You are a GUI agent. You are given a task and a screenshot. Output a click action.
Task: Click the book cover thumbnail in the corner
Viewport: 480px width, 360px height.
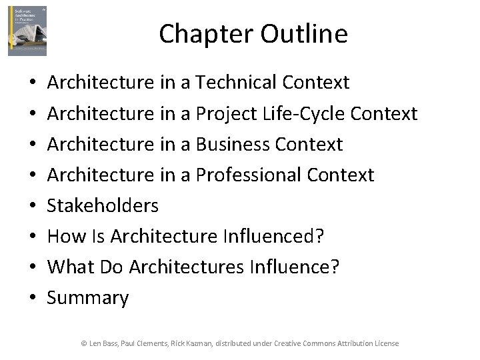click(x=27, y=31)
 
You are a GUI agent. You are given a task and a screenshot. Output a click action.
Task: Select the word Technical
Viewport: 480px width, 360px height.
click(x=236, y=83)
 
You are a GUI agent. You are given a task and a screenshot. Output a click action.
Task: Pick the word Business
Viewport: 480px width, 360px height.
click(x=233, y=145)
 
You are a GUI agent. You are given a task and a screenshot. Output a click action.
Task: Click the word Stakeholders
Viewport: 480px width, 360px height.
click(x=103, y=206)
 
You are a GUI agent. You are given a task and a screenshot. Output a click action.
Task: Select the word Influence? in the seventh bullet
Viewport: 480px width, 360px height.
click(x=294, y=267)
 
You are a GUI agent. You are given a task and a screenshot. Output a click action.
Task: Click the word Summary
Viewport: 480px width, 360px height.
click(x=88, y=298)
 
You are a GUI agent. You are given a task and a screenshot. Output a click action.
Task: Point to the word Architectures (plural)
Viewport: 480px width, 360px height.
click(x=187, y=267)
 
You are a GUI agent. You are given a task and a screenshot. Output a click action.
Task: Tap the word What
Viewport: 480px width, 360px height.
click(x=71, y=267)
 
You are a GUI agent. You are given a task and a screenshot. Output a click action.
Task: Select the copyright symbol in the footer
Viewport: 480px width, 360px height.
click(x=84, y=343)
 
